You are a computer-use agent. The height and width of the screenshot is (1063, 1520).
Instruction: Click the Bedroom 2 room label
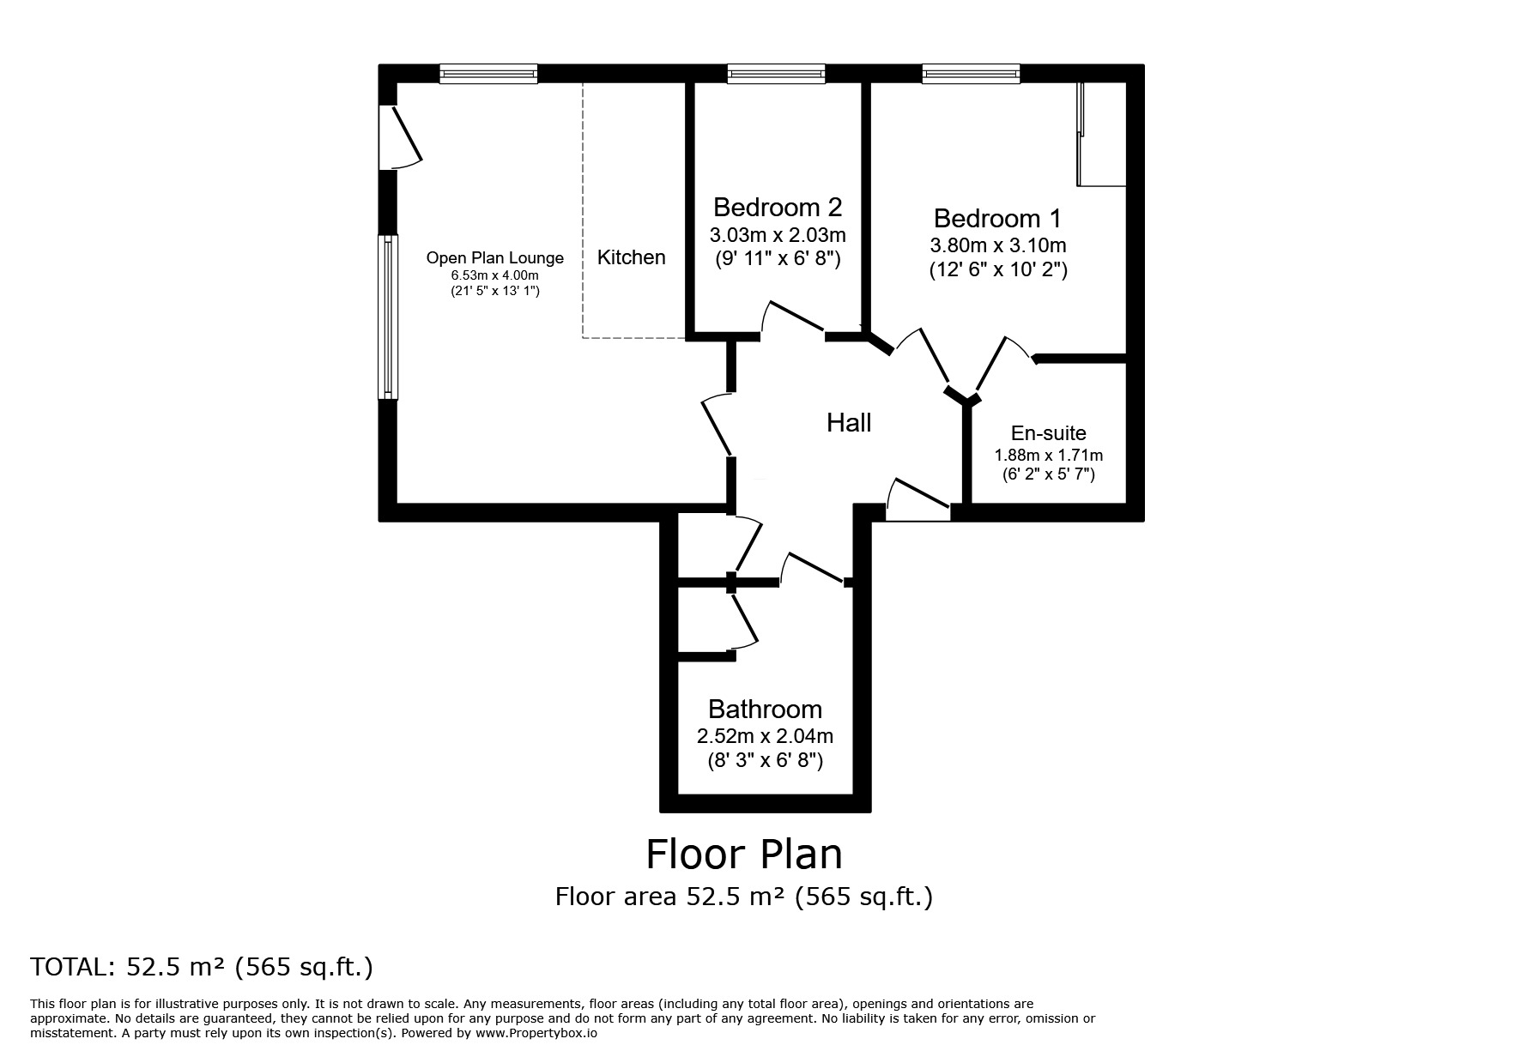coord(778,208)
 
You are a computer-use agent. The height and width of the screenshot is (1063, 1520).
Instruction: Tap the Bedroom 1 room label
coord(997,218)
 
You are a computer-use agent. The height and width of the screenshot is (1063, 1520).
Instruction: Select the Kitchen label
coord(632,257)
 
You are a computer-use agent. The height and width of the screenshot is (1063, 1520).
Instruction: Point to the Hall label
coord(849,422)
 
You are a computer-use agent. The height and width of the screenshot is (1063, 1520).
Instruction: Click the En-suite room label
coord(1048,433)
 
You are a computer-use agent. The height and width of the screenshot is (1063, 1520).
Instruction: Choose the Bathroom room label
coord(765,710)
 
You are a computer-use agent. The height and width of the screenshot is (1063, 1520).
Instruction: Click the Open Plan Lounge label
coord(495,257)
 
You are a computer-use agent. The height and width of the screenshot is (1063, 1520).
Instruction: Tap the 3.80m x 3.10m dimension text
coord(998,245)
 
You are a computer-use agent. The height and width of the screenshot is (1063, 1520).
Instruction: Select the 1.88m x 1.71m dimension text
coord(1049,456)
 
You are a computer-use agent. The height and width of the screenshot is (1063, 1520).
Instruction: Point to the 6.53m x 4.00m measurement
coord(495,275)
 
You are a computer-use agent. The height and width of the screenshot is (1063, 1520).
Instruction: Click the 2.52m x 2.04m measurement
coord(765,736)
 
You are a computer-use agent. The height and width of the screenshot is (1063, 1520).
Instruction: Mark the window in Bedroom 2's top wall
coord(776,74)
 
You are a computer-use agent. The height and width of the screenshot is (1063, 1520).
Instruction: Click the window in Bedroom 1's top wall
coord(972,74)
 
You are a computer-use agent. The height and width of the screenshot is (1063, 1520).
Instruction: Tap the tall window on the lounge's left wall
coord(389,317)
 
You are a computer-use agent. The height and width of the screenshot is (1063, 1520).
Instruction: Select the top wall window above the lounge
coord(488,74)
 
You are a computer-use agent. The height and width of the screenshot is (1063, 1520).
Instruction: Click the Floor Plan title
coord(744,855)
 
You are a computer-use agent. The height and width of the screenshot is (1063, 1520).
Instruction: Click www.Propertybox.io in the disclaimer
coord(536,1034)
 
